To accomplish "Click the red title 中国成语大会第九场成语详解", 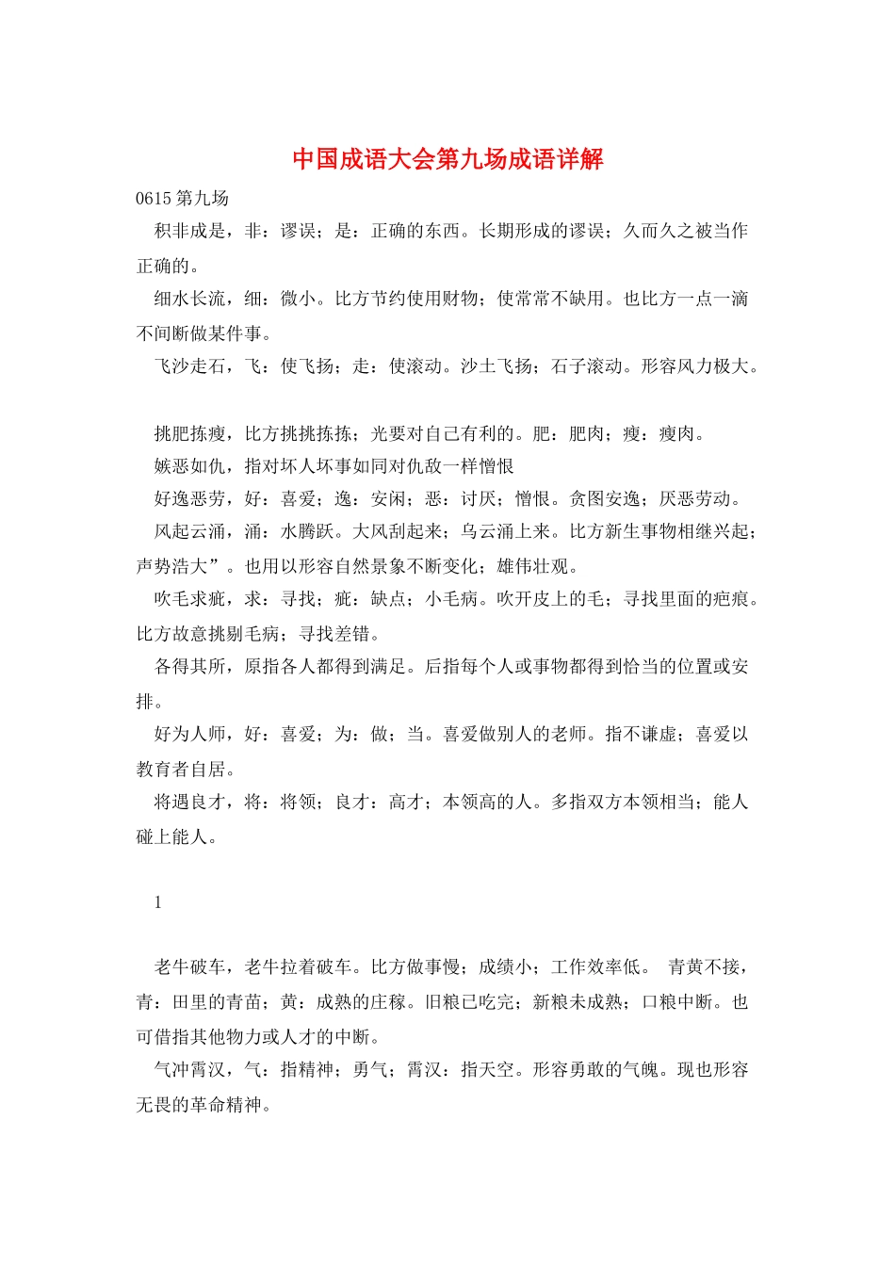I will [447, 159].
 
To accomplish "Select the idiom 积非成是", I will [189, 231].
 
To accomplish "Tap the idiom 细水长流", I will [189, 299].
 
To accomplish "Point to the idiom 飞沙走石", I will [189, 366].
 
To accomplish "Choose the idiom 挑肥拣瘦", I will [189, 433].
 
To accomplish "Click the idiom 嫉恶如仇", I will [189, 466].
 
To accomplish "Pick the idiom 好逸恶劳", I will [189, 499].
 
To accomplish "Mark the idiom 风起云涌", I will [189, 532].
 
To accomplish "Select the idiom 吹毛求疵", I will [189, 599].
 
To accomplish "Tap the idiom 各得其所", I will [189, 667].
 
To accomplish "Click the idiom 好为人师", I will [189, 734].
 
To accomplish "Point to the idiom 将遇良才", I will [189, 802].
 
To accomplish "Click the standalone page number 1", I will [158, 902].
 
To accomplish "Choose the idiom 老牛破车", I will [189, 967].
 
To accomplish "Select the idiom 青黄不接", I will [704, 967].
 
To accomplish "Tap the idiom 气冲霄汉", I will [189, 1070].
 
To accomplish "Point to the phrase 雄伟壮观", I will [532, 567].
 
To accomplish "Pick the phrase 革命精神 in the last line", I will [226, 1105].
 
